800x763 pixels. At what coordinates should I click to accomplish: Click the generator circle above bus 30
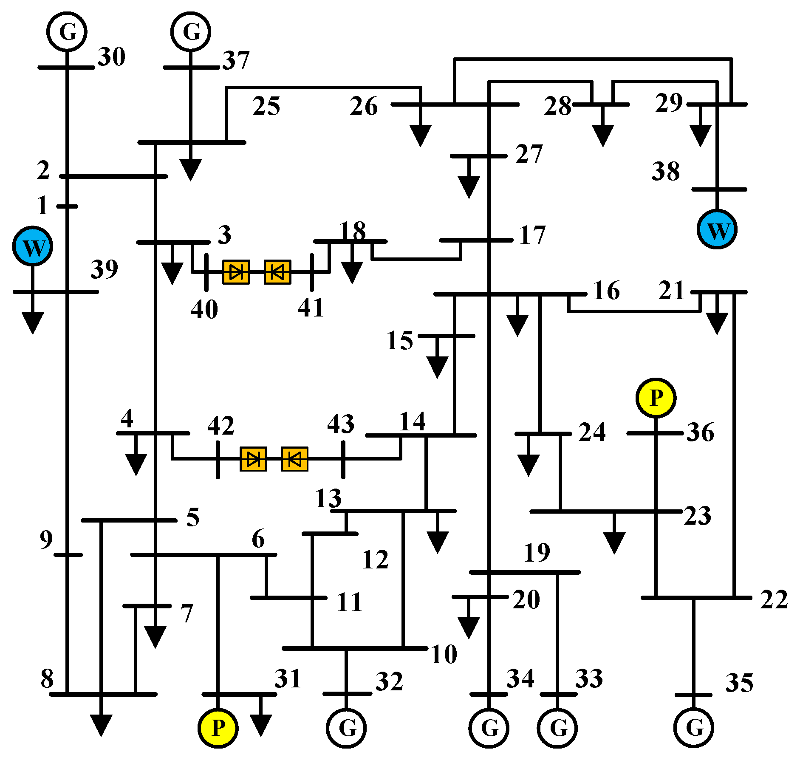tap(67, 31)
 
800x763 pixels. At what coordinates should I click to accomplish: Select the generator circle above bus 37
tap(191, 31)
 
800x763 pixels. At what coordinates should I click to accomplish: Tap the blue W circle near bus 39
tap(33, 246)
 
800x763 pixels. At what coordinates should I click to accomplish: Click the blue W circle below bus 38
tap(717, 229)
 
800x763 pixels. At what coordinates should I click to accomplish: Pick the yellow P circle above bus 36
tap(656, 398)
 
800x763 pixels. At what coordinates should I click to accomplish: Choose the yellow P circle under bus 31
tap(218, 728)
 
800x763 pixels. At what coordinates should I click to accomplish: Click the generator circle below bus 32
tap(346, 728)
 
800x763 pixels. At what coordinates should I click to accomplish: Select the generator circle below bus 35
tap(694, 728)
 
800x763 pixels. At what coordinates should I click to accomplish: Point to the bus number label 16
tap(606, 291)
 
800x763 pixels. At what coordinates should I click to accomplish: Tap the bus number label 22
tap(774, 599)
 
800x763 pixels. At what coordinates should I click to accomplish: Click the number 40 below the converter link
tap(204, 309)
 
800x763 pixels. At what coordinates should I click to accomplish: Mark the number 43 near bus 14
tap(341, 424)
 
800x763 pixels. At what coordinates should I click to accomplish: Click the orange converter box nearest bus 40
tap(236, 272)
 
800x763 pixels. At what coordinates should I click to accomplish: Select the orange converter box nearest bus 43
tap(294, 459)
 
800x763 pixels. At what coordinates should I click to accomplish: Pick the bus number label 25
tap(266, 106)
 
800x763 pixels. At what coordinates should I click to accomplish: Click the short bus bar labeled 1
tap(67, 206)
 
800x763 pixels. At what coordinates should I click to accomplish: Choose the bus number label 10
tap(444, 654)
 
